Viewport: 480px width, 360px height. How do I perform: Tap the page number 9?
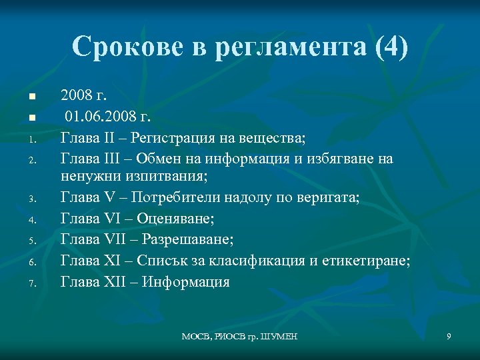click(449, 337)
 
